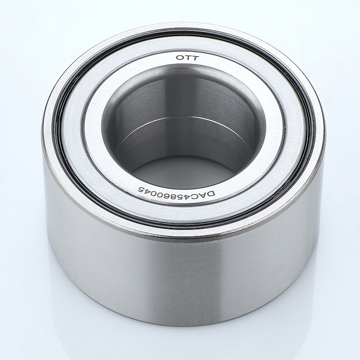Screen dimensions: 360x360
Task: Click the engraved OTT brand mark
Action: coord(187,58)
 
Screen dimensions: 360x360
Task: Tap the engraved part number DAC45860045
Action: coord(176,192)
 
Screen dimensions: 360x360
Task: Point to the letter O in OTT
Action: coord(179,58)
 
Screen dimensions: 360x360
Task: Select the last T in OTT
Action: coord(195,58)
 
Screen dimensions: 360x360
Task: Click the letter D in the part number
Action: coord(211,194)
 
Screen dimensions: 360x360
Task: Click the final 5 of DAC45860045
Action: coord(140,189)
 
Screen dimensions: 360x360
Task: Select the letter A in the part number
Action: coord(205,194)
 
